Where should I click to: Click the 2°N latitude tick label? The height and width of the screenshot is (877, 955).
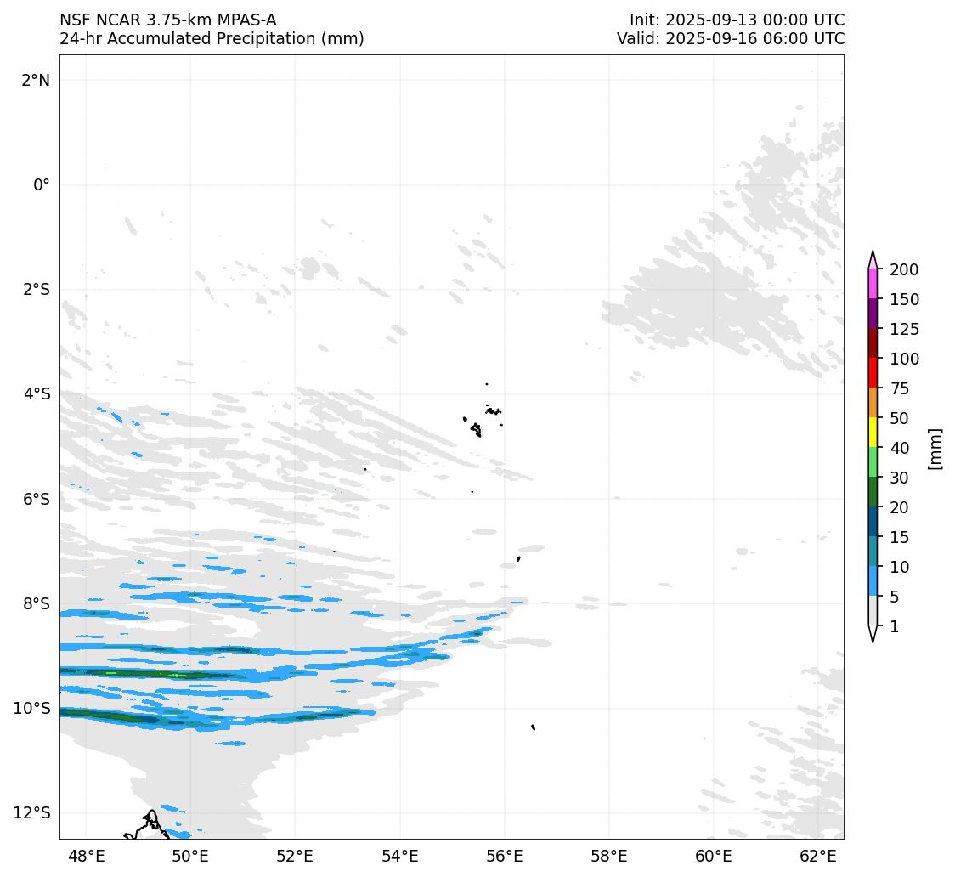tap(36, 80)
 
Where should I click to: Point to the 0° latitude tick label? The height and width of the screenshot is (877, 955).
tap(42, 184)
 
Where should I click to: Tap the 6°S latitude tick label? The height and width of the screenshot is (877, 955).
tap(36, 499)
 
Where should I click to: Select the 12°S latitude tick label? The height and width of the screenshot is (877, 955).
tap(32, 812)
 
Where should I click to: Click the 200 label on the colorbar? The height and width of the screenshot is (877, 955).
tap(904, 269)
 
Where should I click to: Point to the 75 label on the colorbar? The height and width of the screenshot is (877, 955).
tap(900, 388)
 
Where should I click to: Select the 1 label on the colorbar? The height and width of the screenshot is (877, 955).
tap(894, 626)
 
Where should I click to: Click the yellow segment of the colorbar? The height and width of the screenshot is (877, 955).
tap(873, 433)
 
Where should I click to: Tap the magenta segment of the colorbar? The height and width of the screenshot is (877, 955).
tap(873, 284)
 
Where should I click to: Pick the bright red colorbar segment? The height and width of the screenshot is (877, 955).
tap(873, 373)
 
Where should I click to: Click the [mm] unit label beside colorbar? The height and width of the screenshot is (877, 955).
tap(935, 448)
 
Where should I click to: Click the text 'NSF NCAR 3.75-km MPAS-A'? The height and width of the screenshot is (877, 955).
tap(167, 20)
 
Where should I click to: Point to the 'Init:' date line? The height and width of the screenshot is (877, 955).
tap(737, 20)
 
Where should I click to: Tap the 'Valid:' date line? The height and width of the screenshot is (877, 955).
tap(731, 39)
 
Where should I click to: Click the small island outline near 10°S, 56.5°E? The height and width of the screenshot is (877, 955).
tap(533, 727)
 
